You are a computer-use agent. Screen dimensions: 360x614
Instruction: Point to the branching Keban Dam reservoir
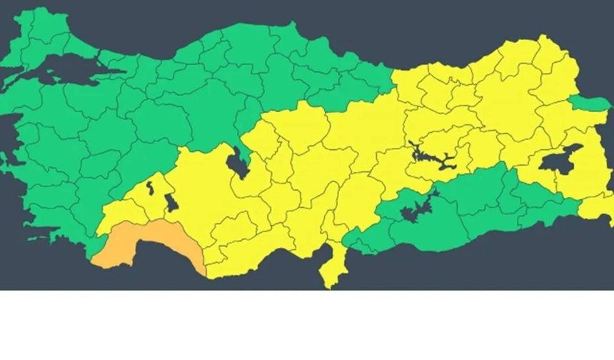click(x=432, y=156)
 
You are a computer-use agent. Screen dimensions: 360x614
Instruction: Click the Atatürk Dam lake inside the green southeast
click(x=414, y=211)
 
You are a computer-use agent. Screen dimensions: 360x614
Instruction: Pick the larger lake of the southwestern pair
click(x=171, y=203)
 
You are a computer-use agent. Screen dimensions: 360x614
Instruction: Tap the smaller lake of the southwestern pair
click(x=150, y=188)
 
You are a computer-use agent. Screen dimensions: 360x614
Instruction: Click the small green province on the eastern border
click(x=590, y=104)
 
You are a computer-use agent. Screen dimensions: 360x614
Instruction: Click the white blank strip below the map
click(x=307, y=325)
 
